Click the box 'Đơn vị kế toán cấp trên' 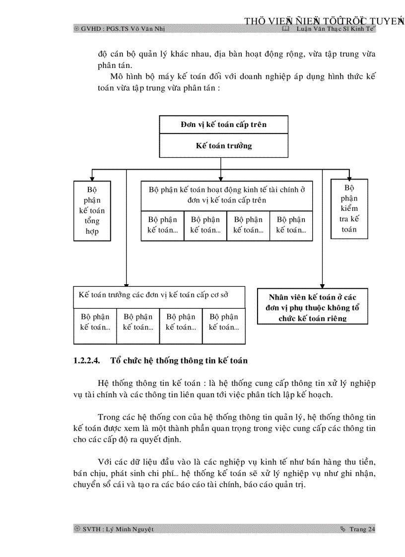223,124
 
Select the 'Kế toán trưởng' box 223,146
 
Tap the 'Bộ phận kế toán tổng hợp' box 92,211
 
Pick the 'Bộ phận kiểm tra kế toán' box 349,208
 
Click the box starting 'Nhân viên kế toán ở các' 313,307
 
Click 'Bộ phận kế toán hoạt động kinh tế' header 227,195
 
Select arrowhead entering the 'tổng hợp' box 92,177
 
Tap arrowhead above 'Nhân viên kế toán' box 323,285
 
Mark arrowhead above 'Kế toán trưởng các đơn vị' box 127,283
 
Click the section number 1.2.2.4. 87,361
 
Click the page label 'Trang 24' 362,529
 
